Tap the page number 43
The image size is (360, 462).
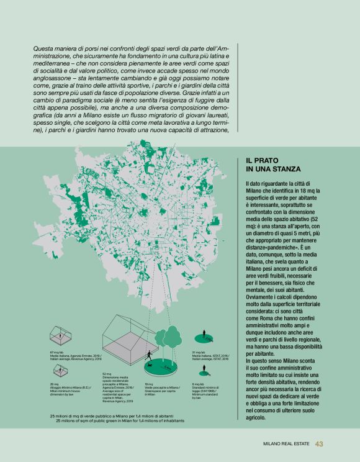click(x=320, y=443)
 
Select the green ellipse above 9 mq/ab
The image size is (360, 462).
click(x=202, y=374)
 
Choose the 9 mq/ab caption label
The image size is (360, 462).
click(x=205, y=388)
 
